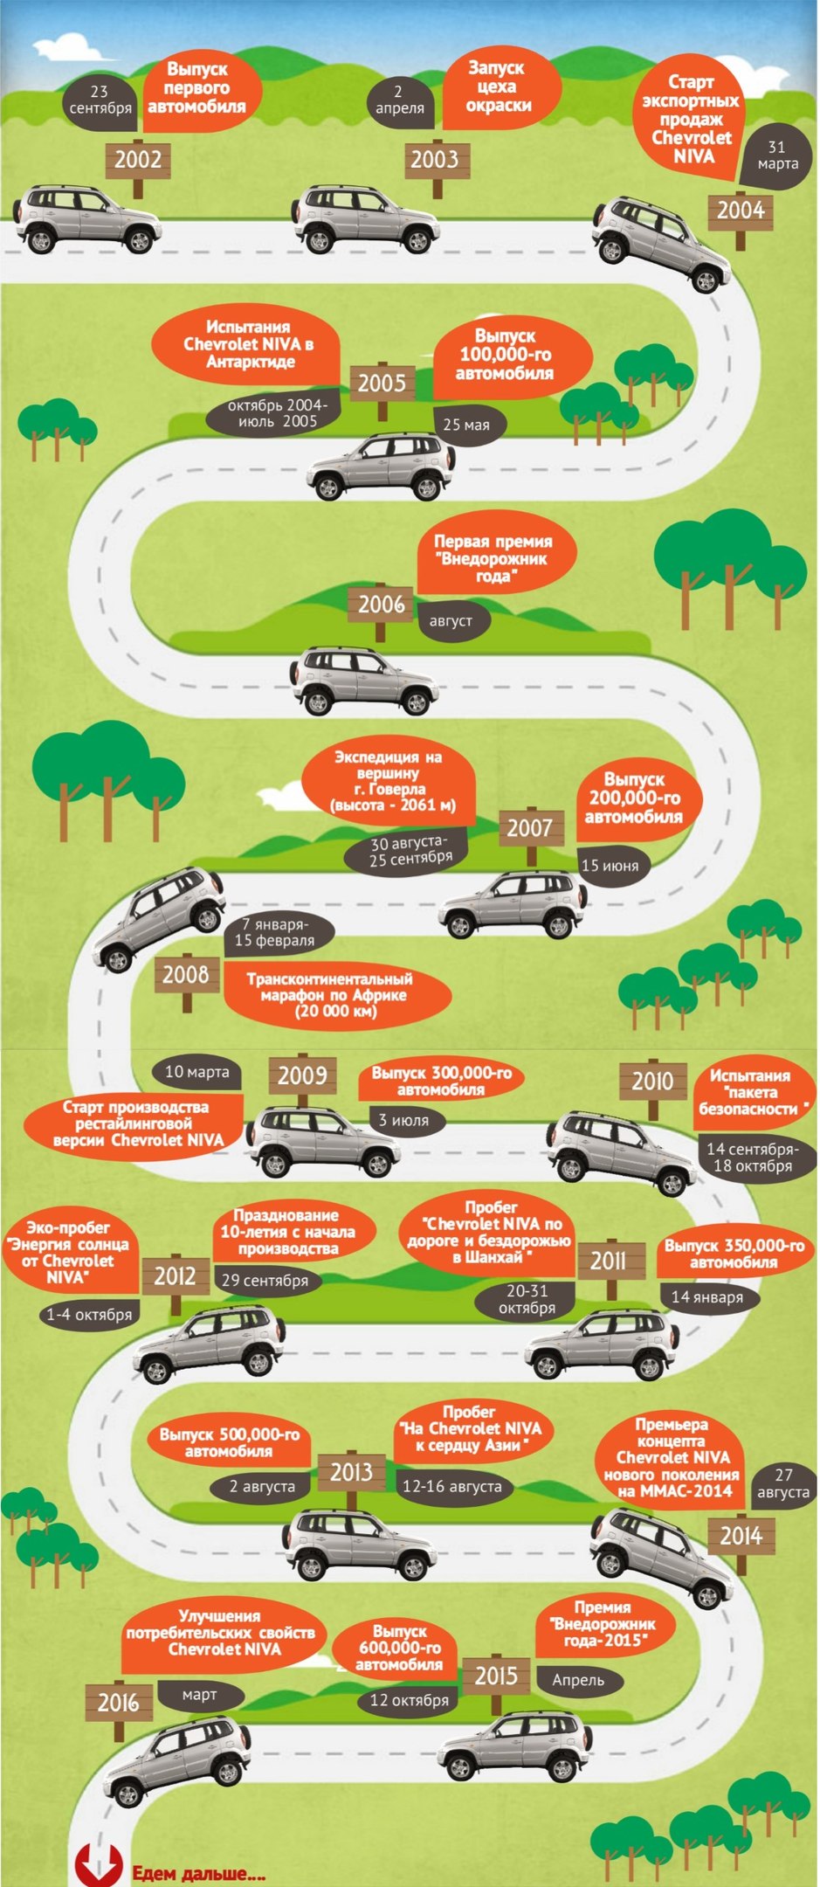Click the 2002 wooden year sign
pyautogui.click(x=138, y=160)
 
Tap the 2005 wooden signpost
pyautogui.click(x=382, y=383)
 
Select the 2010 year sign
pyautogui.click(x=652, y=1082)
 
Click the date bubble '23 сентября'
pyautogui.click(x=100, y=100)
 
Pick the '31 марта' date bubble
pyautogui.click(x=776, y=156)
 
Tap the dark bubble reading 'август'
pyautogui.click(x=451, y=621)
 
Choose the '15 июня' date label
pyautogui.click(x=610, y=866)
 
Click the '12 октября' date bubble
pyautogui.click(x=409, y=1699)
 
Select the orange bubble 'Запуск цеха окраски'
pyautogui.click(x=498, y=87)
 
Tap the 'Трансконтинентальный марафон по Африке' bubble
pyautogui.click(x=336, y=995)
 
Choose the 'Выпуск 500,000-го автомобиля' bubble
pyautogui.click(x=229, y=1442)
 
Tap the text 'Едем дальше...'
pyautogui.click(x=199, y=1872)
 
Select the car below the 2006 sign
pyautogui.click(x=364, y=681)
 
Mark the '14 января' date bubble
pyautogui.click(x=707, y=1297)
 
